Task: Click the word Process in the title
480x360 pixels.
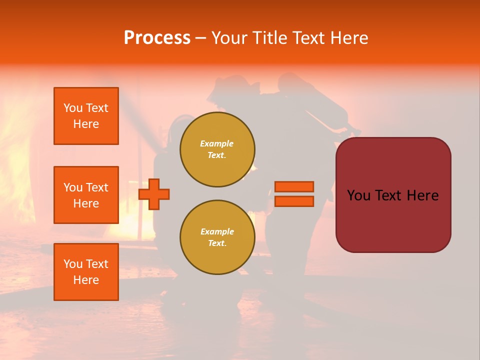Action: tap(157, 38)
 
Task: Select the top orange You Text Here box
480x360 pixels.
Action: tap(86, 116)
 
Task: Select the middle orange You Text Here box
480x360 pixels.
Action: tap(86, 195)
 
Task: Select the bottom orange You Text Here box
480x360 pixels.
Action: tap(86, 272)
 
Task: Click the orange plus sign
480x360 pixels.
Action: tap(154, 194)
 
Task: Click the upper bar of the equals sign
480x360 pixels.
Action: tap(294, 186)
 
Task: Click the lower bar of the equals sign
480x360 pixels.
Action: tap(294, 201)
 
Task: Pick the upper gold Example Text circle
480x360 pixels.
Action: tap(217, 149)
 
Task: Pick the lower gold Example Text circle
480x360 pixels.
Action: tap(217, 237)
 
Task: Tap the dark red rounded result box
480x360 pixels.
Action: tap(393, 195)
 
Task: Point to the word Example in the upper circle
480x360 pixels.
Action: tap(217, 143)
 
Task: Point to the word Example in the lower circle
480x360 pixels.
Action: tap(217, 231)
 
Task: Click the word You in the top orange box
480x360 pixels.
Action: tap(73, 108)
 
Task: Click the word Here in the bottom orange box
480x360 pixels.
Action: tap(86, 280)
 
